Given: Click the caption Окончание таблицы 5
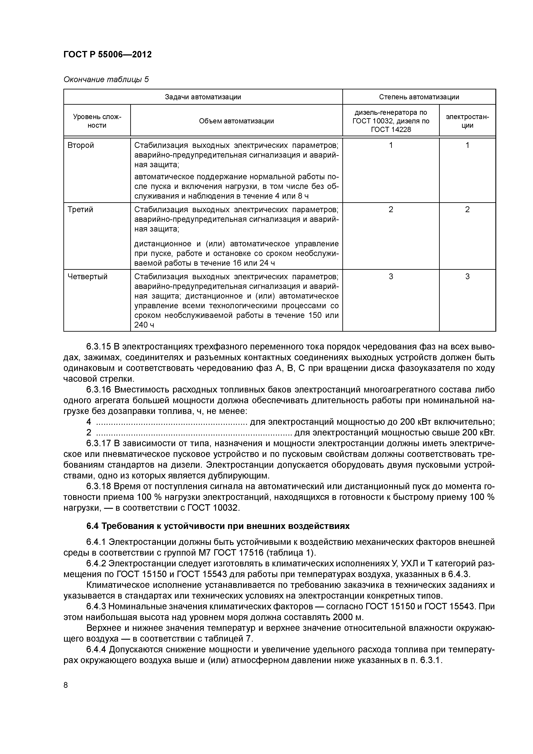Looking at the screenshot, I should pos(106,80).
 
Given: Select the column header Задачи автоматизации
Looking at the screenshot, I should pos(203,97).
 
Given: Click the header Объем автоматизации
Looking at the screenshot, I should pos(236,121).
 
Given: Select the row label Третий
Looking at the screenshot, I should pos(80,210).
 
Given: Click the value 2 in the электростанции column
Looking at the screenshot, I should pos(467,210).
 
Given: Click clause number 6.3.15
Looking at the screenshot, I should pos(98,347).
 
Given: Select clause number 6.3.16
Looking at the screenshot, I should pos(98,390).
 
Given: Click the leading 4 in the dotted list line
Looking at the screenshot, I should pos(89,422).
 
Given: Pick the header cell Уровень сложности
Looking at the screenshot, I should pos(97,121).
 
